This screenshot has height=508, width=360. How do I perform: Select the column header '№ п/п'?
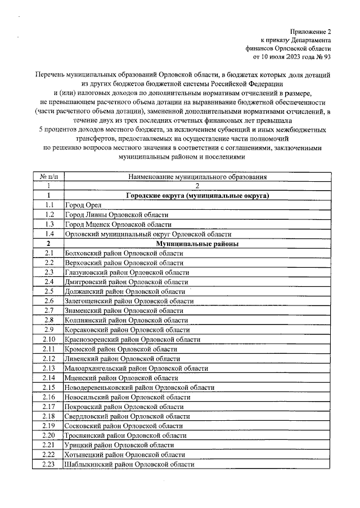[49, 177]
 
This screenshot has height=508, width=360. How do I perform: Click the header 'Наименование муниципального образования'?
[197, 177]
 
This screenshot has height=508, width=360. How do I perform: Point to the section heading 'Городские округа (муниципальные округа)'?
[197, 196]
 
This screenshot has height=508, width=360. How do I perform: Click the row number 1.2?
[49, 215]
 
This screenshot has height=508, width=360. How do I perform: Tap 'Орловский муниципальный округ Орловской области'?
[148, 234]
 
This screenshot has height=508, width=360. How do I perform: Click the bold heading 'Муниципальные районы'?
[197, 244]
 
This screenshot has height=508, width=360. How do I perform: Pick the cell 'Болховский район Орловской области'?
[124, 253]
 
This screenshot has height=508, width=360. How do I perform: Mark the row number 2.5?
[49, 291]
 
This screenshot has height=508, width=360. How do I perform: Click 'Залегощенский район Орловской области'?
[129, 301]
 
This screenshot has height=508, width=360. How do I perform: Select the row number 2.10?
[49, 339]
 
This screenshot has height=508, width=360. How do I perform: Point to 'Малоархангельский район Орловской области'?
[137, 368]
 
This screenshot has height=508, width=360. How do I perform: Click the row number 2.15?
[49, 387]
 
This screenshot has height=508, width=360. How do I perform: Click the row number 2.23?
[49, 464]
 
